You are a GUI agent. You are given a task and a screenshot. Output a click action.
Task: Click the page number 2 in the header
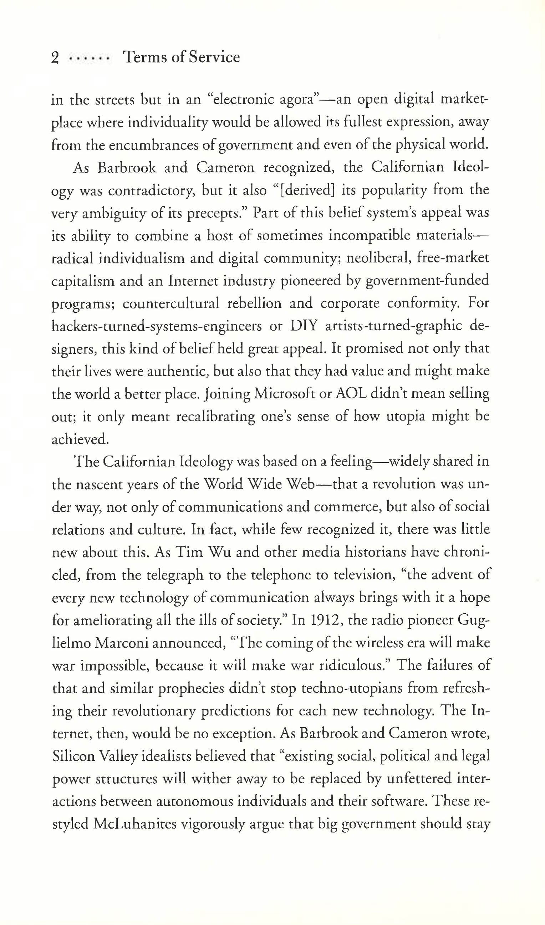55,58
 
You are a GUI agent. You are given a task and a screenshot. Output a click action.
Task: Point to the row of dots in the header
90,58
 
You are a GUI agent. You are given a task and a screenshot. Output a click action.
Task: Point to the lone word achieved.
80,439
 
